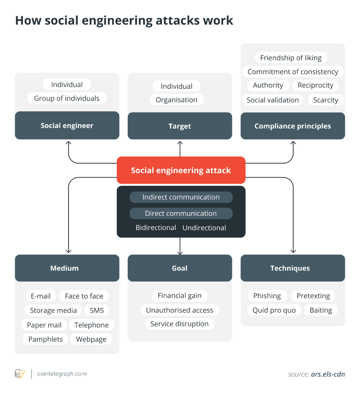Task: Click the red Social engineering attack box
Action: click(181, 170)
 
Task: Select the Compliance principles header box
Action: click(293, 125)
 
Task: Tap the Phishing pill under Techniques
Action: click(267, 296)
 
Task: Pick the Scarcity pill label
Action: click(326, 100)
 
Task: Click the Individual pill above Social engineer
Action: click(67, 84)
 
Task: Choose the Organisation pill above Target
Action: click(177, 100)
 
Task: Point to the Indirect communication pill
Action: click(181, 197)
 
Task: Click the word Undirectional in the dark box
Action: click(204, 228)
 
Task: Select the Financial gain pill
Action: click(180, 295)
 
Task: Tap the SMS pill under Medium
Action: click(97, 310)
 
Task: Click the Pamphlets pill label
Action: click(46, 339)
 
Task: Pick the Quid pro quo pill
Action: click(274, 310)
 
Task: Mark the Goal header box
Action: click(180, 268)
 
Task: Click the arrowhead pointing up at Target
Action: click(180, 143)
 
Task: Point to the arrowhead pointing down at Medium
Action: click(68, 251)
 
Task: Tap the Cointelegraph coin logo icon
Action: click(20, 374)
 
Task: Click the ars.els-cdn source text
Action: click(328, 374)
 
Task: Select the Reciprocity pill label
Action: click(316, 85)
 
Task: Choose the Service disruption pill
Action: click(180, 324)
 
